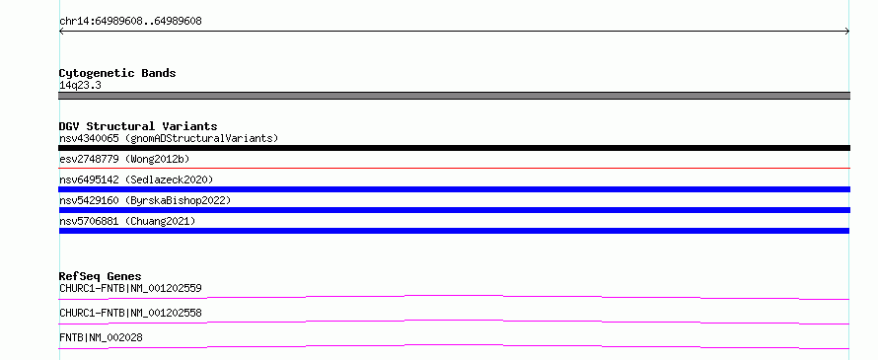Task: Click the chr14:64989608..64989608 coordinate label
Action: click(130, 22)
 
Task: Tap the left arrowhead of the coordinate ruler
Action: click(61, 32)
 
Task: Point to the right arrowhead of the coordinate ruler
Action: click(847, 32)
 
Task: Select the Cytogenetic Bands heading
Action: click(117, 73)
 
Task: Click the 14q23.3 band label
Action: click(80, 86)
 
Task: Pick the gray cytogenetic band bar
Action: click(454, 96)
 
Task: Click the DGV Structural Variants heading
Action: click(138, 126)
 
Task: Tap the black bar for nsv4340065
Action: click(454, 148)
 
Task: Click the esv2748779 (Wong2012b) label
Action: click(124, 160)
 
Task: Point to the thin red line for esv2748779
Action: click(454, 168)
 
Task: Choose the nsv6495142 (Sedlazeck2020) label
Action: click(136, 180)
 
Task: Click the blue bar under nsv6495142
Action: click(454, 189)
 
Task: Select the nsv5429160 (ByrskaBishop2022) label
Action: click(145, 200)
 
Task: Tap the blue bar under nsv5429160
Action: click(454, 210)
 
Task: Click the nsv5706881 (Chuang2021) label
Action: click(127, 222)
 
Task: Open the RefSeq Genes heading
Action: click(101, 276)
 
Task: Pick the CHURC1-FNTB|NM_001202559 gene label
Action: click(130, 289)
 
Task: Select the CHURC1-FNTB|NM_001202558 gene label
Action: click(130, 313)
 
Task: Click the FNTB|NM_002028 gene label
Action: click(101, 337)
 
